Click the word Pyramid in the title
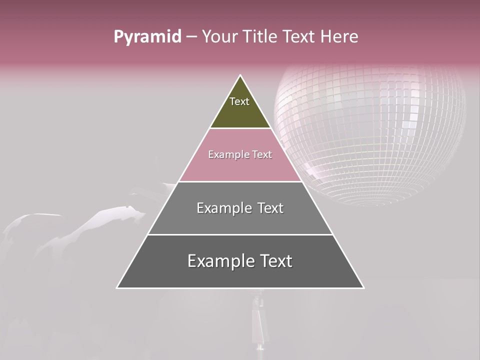(x=147, y=37)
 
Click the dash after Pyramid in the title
(x=191, y=37)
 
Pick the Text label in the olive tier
(x=239, y=101)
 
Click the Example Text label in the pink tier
(x=240, y=154)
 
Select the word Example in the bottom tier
(x=218, y=261)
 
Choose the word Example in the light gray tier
(x=223, y=208)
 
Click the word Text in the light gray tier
(x=270, y=208)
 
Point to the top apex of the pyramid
(x=240, y=75)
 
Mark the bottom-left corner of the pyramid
(x=117, y=288)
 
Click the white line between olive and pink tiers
(x=240, y=128)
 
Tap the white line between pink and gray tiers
(x=240, y=181)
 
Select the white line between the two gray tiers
(x=240, y=234)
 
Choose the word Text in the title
(x=299, y=37)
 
